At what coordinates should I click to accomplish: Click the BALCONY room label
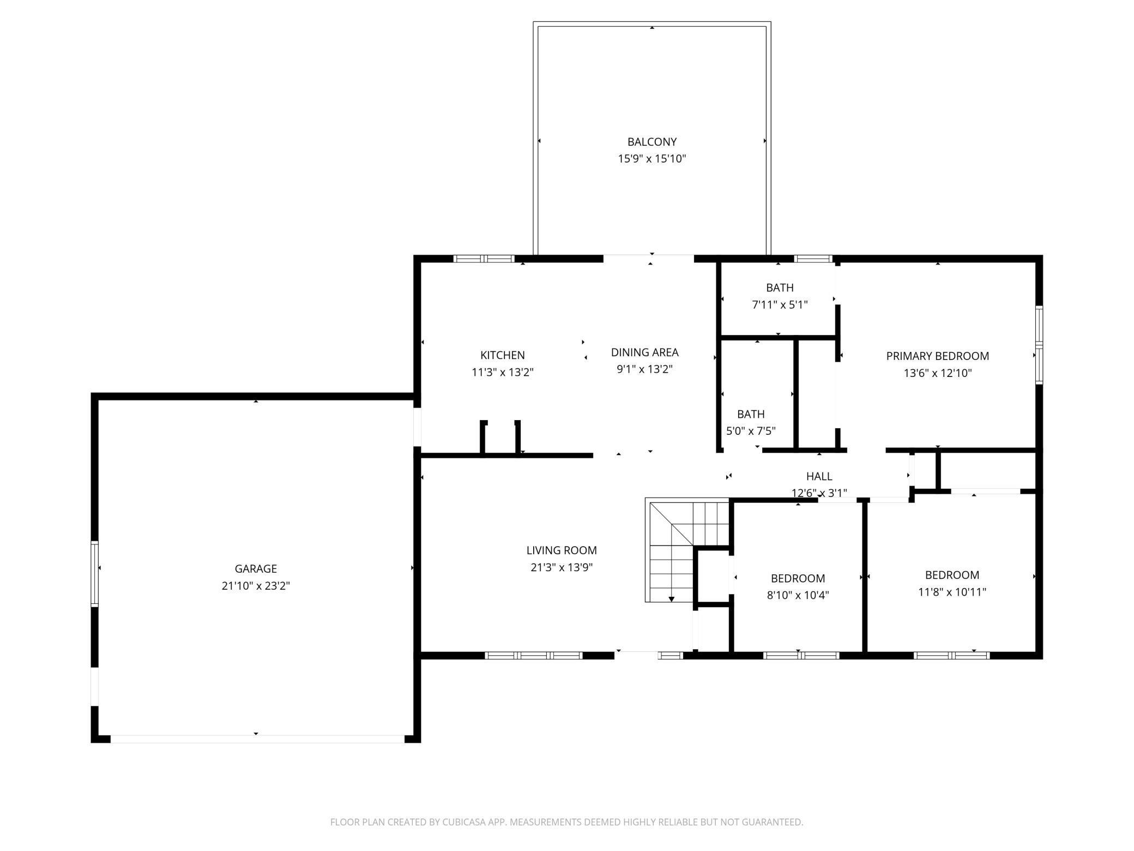(652, 142)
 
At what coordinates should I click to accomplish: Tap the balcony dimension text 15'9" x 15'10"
(652, 159)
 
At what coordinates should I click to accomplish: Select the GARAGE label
(256, 568)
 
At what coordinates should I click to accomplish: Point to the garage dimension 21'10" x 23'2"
(256, 586)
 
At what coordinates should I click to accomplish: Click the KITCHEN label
(503, 355)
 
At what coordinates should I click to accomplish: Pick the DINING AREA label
(644, 352)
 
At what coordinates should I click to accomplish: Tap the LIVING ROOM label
(562, 550)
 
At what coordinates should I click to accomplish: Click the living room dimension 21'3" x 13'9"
(562, 567)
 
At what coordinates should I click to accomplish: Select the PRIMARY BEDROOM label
(937, 356)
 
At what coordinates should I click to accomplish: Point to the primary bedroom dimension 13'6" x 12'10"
(937, 373)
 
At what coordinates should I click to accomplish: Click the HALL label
(819, 476)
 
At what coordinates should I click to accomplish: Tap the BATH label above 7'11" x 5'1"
(780, 287)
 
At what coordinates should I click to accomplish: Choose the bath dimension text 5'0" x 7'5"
(751, 431)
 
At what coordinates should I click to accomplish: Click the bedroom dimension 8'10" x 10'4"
(798, 595)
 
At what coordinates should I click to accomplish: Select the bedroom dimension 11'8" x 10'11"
(952, 592)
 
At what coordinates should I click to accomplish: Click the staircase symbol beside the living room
(687, 550)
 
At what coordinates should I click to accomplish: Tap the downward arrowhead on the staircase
(672, 599)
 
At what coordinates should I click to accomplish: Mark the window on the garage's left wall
(94, 573)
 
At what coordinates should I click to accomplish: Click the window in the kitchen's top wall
(484, 259)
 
